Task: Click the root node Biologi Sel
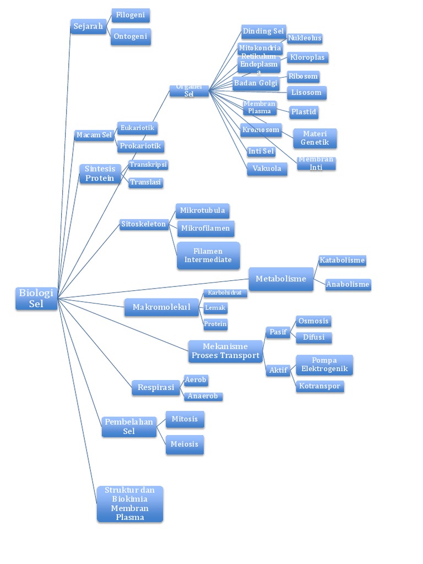pos(36,298)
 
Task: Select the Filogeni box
pos(131,15)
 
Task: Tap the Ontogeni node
pos(131,37)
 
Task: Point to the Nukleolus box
pos(305,39)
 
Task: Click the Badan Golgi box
pos(256,84)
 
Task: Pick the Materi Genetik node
pos(314,138)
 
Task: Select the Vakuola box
pos(267,169)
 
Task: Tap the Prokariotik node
pos(140,147)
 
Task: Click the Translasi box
pos(146,182)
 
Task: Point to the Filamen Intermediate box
pos(208,256)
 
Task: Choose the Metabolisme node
pos(281,279)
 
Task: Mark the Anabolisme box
pos(348,285)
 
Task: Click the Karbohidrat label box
pos(225,293)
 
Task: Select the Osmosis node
pos(313,321)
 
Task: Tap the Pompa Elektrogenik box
pos(324,365)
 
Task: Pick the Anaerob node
pos(203,396)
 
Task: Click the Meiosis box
pos(185,444)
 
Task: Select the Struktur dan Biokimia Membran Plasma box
pos(130,503)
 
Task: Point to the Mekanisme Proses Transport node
pos(225,351)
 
